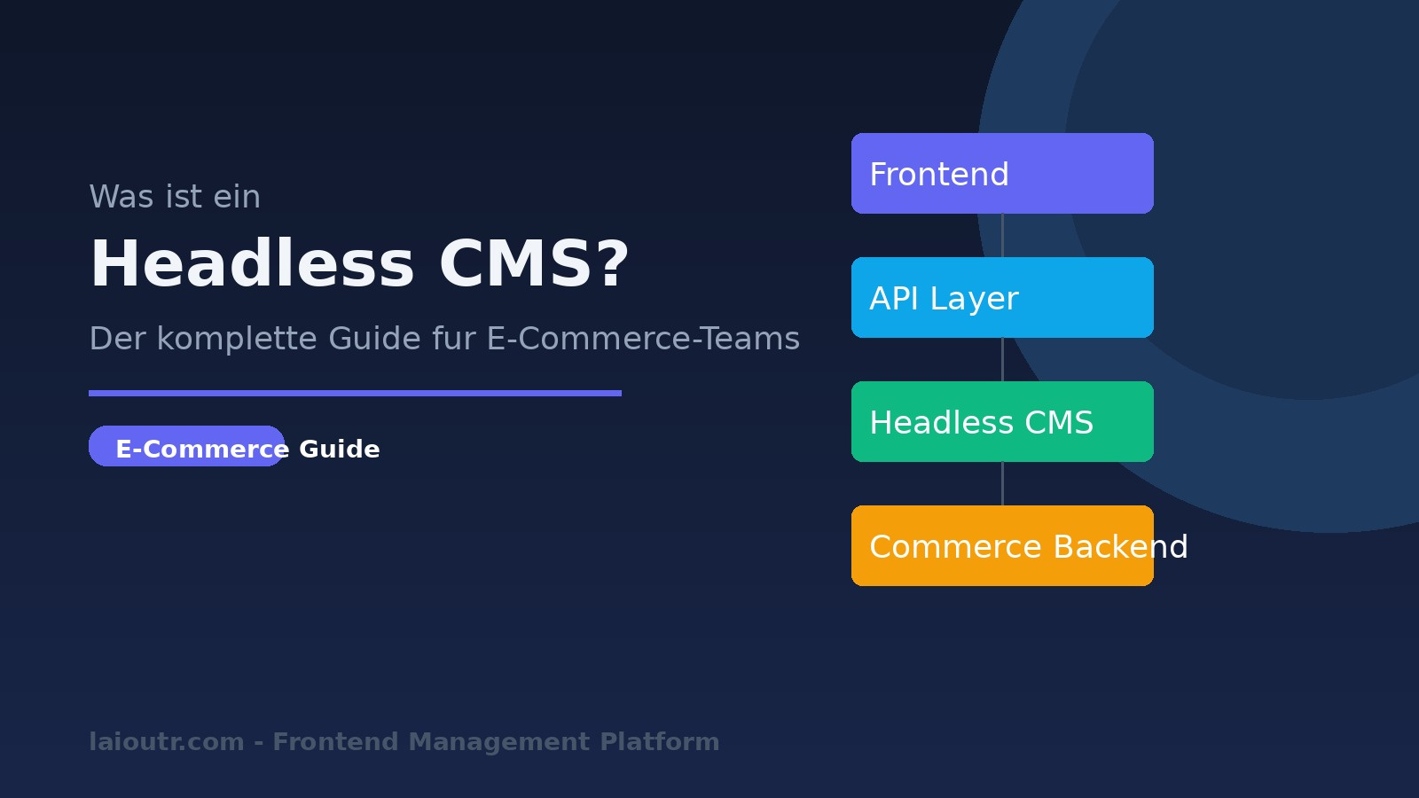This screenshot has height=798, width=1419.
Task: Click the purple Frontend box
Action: coord(1002,173)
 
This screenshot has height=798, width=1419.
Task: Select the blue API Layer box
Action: coord(1002,297)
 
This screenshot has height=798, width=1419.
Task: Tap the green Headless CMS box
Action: coord(1002,421)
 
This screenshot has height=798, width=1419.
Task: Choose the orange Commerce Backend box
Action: coord(1002,545)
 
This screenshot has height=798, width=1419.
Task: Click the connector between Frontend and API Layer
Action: coord(1002,235)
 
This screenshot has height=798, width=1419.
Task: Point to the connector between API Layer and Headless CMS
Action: coord(1002,359)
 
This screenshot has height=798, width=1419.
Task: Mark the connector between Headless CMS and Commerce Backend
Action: coord(1002,483)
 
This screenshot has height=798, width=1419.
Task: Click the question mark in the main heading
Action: coord(613,264)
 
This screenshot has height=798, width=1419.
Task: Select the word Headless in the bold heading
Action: coord(252,264)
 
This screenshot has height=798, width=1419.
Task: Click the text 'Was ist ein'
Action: coord(175,197)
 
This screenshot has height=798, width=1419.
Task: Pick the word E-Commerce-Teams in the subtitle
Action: coord(643,339)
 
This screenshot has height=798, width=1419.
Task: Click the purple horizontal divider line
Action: coord(355,393)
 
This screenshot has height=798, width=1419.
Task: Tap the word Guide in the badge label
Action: coord(340,449)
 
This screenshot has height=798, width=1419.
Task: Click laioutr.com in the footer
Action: coord(167,741)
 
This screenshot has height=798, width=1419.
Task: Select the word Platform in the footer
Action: coord(660,741)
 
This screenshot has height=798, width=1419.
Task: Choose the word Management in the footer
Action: coord(499,741)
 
